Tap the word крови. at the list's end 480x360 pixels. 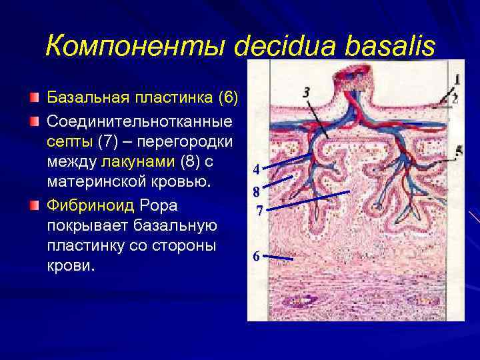[71, 265]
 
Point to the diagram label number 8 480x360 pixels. [256, 192]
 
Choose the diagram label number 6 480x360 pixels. [256, 256]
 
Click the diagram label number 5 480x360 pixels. [459, 153]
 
